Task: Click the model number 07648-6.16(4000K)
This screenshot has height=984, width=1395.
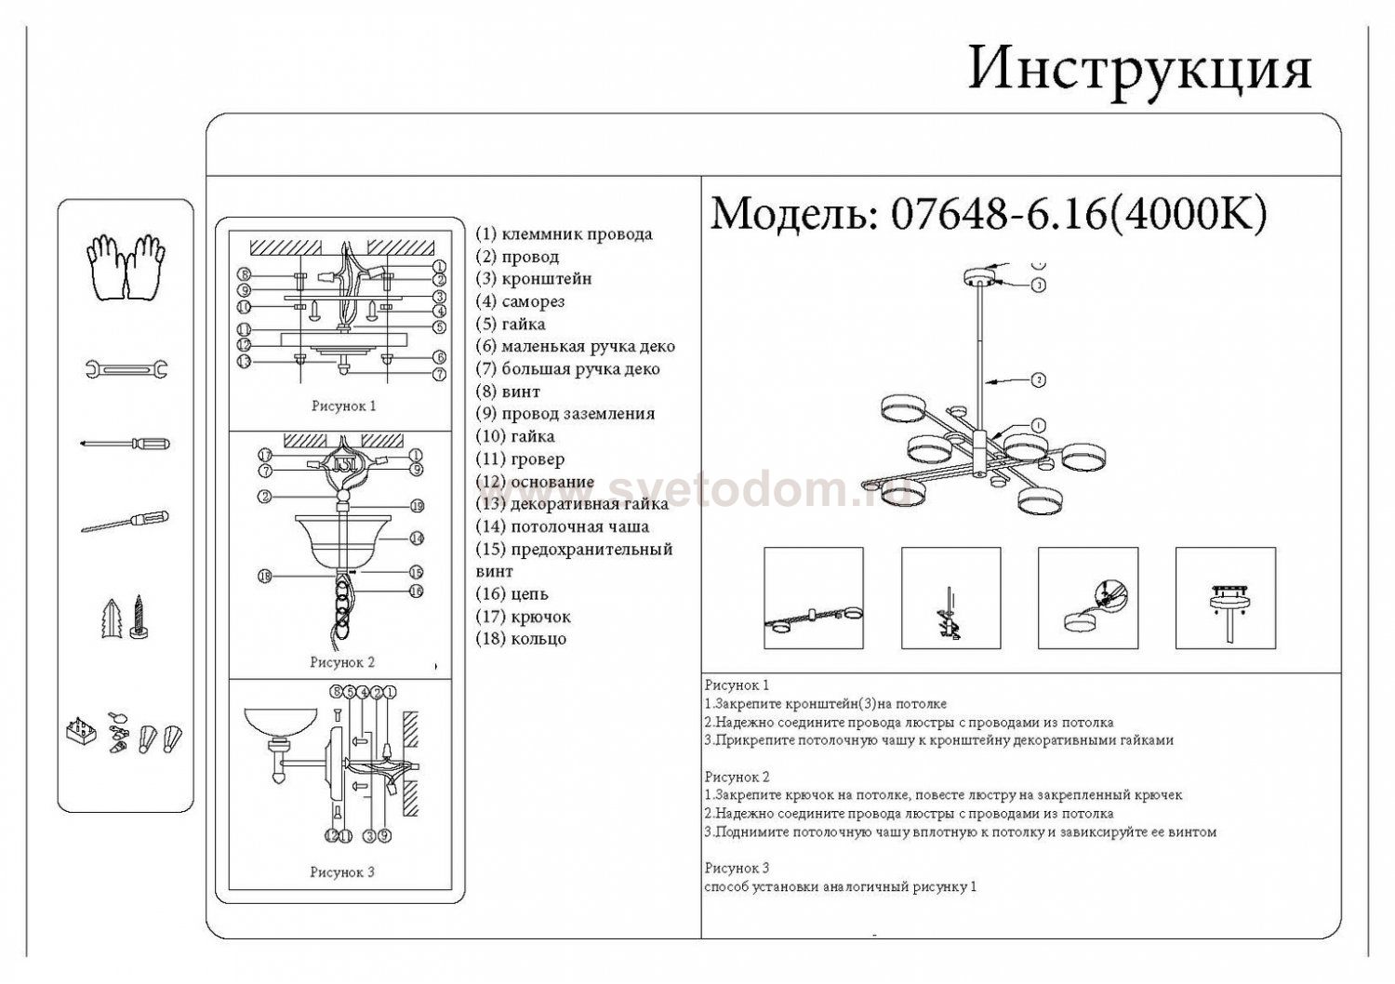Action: (x=1079, y=215)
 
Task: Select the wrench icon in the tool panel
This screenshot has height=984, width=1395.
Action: (x=126, y=369)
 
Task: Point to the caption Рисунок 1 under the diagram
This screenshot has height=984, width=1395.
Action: (x=343, y=406)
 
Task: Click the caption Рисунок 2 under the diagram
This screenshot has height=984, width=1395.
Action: (x=342, y=663)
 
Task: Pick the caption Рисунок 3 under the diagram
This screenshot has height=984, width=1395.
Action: (x=342, y=872)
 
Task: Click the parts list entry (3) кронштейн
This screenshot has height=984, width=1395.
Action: (x=534, y=279)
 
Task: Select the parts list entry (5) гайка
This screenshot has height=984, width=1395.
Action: (x=511, y=325)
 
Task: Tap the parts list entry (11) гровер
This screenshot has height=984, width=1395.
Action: (x=520, y=459)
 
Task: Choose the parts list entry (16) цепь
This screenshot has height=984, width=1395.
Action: (x=512, y=593)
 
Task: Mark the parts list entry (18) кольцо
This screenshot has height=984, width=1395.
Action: (x=521, y=639)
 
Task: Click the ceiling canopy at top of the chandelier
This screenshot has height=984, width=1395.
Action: (x=978, y=278)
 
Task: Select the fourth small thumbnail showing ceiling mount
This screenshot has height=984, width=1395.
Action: (x=1225, y=598)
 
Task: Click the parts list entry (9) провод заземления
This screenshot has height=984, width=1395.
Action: (x=565, y=414)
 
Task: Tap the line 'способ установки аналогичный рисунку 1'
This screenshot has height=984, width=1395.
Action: (x=841, y=887)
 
